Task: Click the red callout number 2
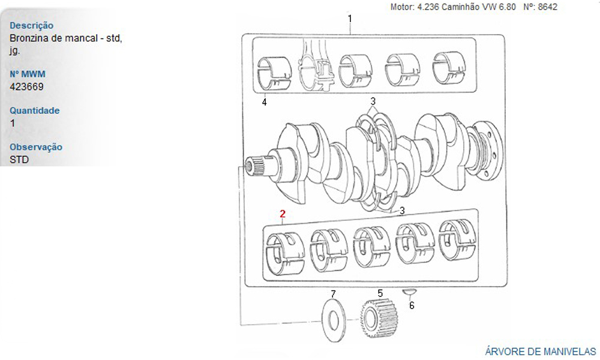tap(283, 214)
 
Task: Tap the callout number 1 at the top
tap(350, 18)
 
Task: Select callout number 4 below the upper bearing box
tap(264, 102)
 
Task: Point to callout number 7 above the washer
tap(333, 294)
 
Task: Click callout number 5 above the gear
tap(380, 293)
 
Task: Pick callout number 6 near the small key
tap(412, 305)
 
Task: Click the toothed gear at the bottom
tap(379, 318)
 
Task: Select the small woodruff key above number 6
tap(409, 292)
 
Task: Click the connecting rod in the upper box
tap(316, 68)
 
